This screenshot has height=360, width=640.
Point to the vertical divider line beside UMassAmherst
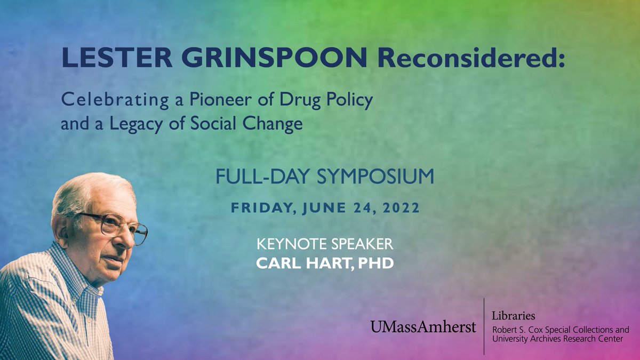coord(484,326)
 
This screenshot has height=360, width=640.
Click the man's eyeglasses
coord(115,226)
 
